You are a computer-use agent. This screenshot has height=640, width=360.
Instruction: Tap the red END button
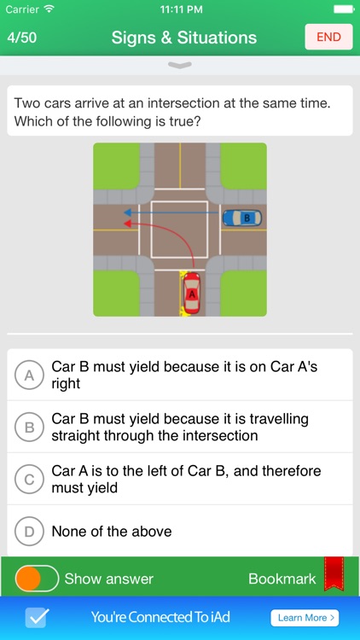coord(328,37)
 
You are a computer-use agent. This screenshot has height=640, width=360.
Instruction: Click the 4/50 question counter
coord(21,38)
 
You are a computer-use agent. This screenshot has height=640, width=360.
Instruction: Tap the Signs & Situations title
coord(184,38)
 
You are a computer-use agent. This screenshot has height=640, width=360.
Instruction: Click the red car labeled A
coord(191,294)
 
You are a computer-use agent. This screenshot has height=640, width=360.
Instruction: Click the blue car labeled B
coord(242,218)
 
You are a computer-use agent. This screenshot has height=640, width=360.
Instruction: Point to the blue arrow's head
coord(127,212)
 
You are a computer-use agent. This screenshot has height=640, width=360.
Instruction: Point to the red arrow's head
coord(127,224)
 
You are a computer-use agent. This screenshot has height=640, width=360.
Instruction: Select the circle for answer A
coord(29,375)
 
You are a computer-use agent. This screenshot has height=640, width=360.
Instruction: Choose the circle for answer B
coord(29,428)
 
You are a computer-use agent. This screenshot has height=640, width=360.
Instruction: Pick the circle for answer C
coord(29,480)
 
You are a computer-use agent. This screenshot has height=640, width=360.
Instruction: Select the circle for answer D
coord(29,532)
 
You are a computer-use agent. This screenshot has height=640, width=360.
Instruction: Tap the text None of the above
coord(112,532)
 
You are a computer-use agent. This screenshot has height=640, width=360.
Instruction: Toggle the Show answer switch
coord(38,579)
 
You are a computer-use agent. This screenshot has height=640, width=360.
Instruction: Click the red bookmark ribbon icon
coord(334,574)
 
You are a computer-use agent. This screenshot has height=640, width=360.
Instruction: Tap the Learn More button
coord(305,618)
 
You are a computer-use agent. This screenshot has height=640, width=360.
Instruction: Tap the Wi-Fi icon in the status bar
coord(49,9)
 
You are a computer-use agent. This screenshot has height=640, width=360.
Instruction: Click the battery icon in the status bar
coord(344,9)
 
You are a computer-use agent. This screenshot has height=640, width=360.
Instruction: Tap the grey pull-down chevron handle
coord(180,65)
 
